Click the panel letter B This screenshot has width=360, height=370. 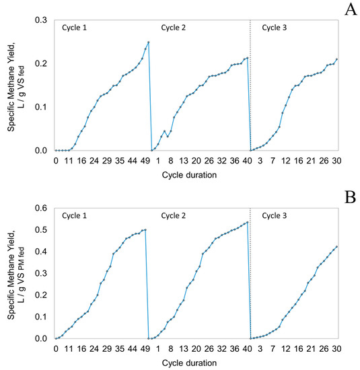click(348, 197)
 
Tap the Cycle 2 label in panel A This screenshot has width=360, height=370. click(176, 28)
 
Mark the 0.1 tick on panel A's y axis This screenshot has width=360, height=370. click(42, 107)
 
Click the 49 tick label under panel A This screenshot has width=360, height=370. click(145, 161)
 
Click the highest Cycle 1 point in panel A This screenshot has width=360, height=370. click(148, 42)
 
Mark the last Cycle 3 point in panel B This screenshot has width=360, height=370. click(336, 247)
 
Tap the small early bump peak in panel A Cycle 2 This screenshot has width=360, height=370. click(164, 131)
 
